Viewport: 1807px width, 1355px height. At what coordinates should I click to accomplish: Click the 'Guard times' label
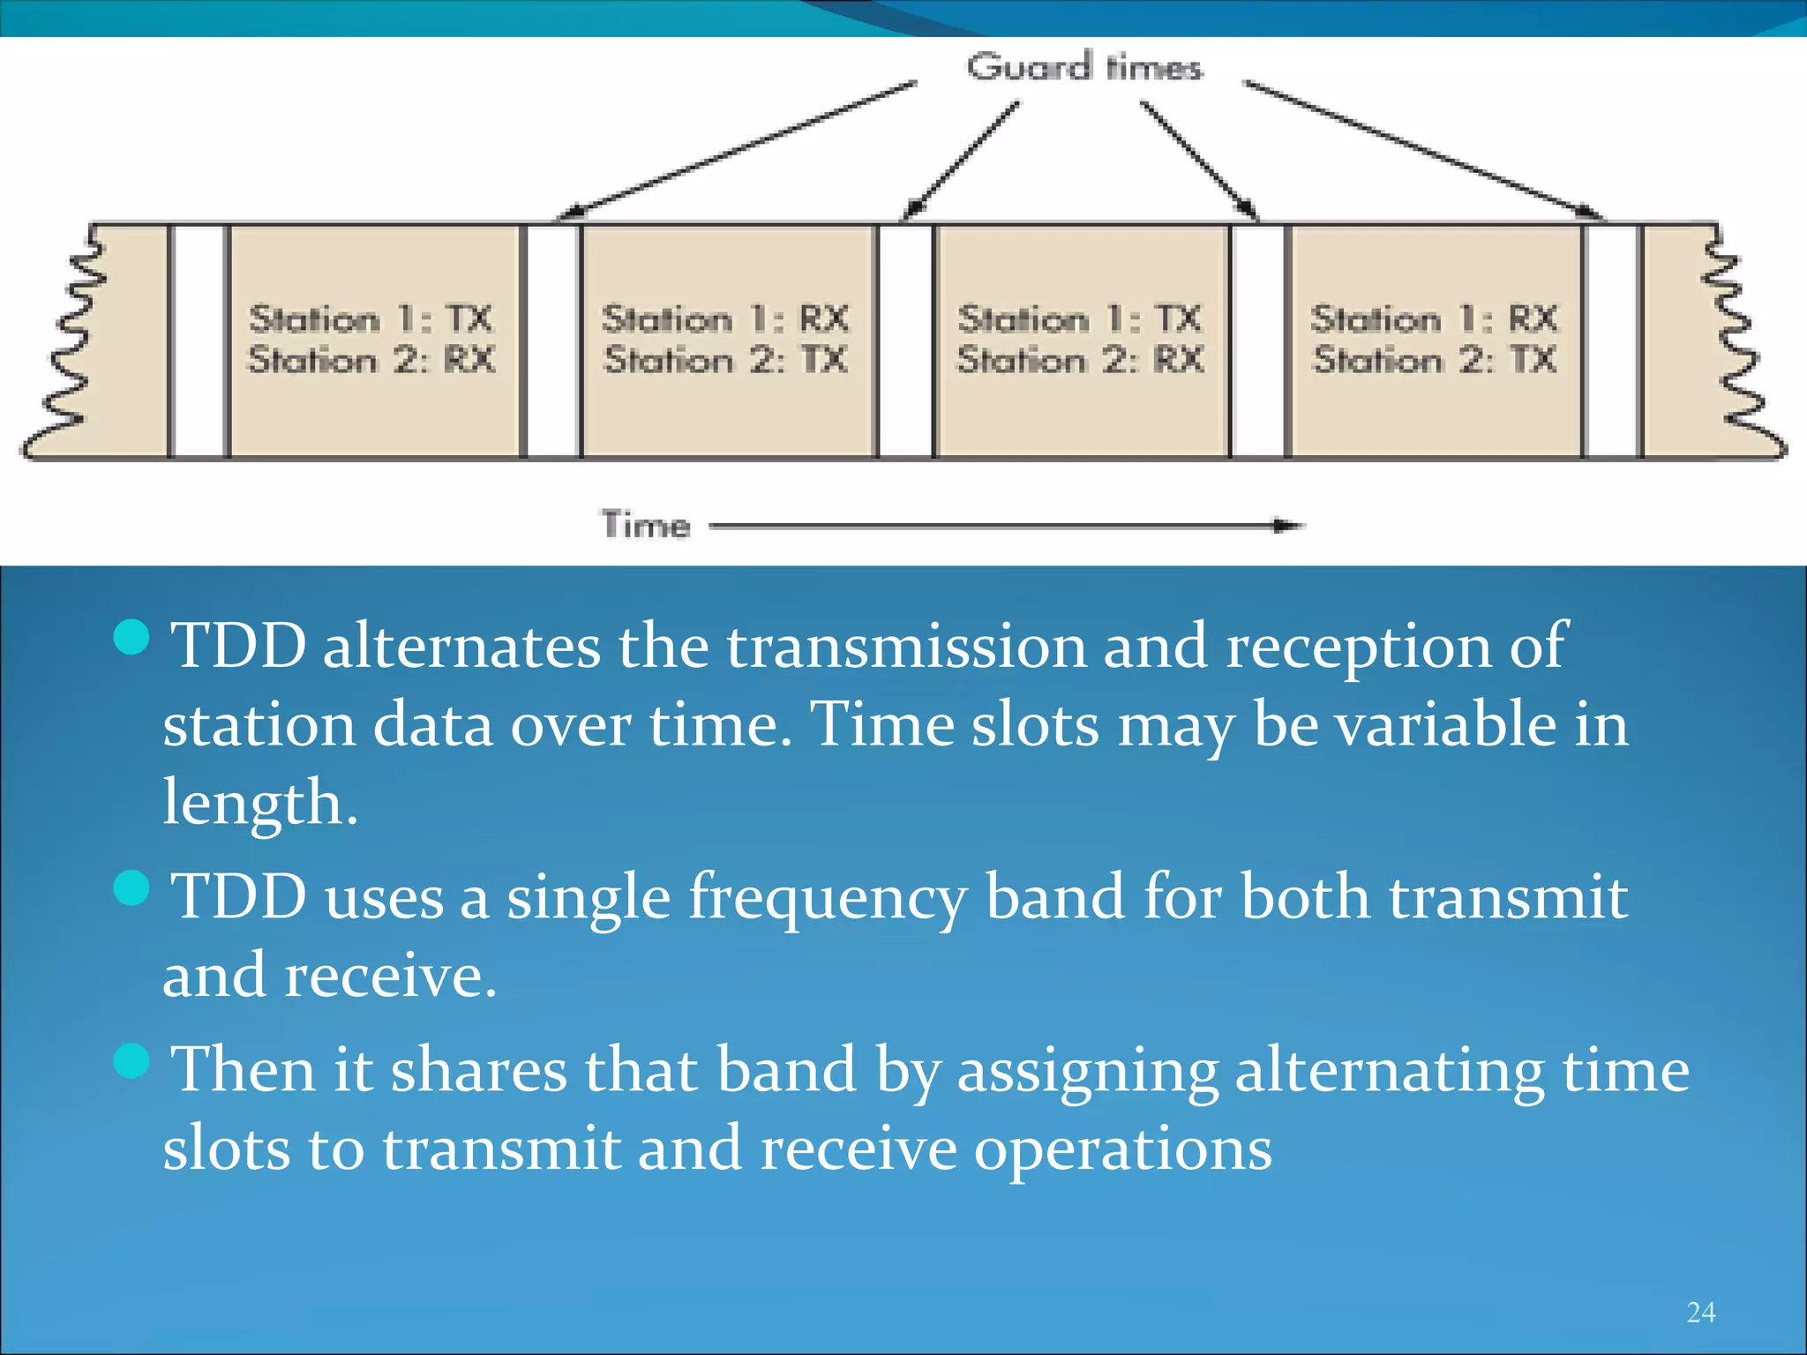[x=1083, y=67]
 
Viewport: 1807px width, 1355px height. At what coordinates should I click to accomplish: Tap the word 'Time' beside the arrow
[x=646, y=525]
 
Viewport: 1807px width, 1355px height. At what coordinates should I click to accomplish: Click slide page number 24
[x=1700, y=1313]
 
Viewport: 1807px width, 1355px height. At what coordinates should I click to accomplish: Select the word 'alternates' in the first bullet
[x=461, y=647]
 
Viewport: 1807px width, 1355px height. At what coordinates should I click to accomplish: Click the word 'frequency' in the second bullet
[x=827, y=898]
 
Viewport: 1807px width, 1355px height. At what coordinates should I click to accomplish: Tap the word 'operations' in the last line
[x=1122, y=1149]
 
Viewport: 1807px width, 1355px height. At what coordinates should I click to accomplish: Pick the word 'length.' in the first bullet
[x=260, y=803]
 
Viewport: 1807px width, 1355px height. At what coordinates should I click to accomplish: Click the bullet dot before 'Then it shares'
[x=132, y=1060]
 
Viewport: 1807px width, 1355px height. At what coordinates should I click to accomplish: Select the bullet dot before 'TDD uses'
[x=132, y=888]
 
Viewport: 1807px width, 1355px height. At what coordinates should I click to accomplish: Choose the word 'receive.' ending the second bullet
[x=391, y=977]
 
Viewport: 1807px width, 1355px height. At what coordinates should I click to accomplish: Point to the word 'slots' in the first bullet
[x=1035, y=725]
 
